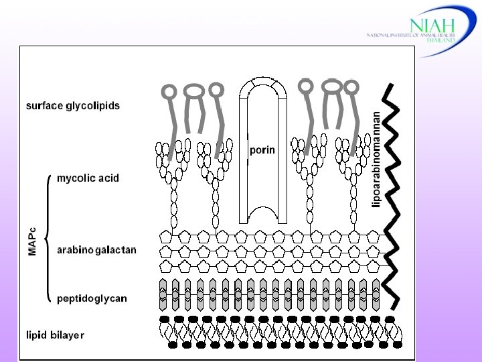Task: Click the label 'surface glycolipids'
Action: pyautogui.click(x=72, y=106)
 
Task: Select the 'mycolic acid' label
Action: pyautogui.click(x=88, y=178)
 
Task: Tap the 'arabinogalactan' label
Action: pyautogui.click(x=96, y=250)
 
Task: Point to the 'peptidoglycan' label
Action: pyautogui.click(x=92, y=298)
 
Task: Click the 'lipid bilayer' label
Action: pyautogui.click(x=55, y=335)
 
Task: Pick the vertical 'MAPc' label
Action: pyautogui.click(x=32, y=239)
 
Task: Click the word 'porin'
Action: pyautogui.click(x=262, y=150)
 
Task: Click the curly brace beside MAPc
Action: pyautogui.click(x=48, y=238)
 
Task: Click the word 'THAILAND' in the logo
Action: pyautogui.click(x=442, y=40)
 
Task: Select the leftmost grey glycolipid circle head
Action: pyautogui.click(x=169, y=90)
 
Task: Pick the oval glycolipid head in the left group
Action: pyautogui.click(x=194, y=90)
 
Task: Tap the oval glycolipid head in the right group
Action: pyautogui.click(x=331, y=86)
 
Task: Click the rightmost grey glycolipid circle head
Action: pyautogui.click(x=351, y=86)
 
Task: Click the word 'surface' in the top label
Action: pyautogui.click(x=44, y=106)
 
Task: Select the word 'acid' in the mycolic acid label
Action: pyautogui.click(x=108, y=178)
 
